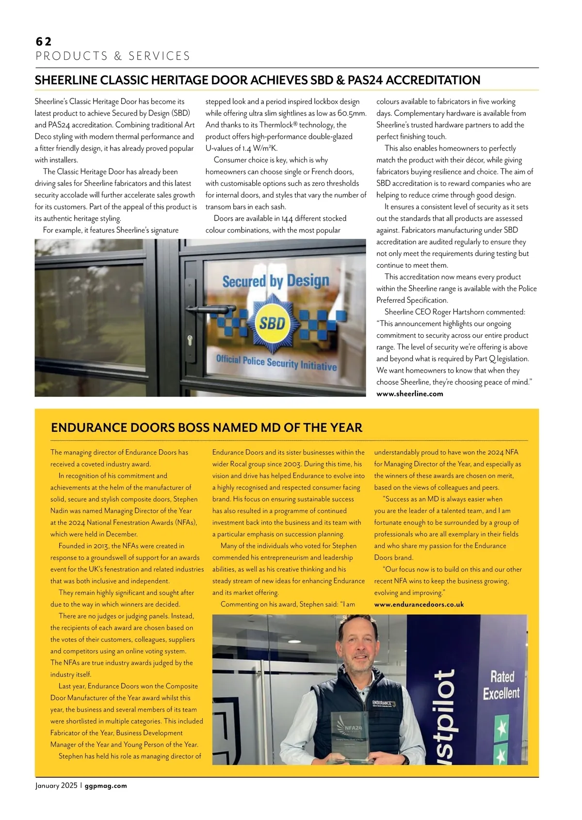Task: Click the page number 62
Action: pyautogui.click(x=44, y=42)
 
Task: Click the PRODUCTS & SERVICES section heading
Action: pyautogui.click(x=113, y=56)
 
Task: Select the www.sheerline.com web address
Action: pyautogui.click(x=410, y=394)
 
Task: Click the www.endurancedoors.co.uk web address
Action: pyautogui.click(x=419, y=605)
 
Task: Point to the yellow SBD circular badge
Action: pyautogui.click(x=272, y=323)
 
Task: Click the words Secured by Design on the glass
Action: pyautogui.click(x=275, y=281)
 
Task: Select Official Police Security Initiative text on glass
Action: pyautogui.click(x=276, y=362)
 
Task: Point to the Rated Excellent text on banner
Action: pyautogui.click(x=501, y=685)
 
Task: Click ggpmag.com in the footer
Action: pyautogui.click(x=106, y=786)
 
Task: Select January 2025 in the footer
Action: pyautogui.click(x=56, y=786)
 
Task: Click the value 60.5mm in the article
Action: pyautogui.click(x=352, y=114)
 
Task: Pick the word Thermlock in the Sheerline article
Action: pyautogui.click(x=276, y=125)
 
